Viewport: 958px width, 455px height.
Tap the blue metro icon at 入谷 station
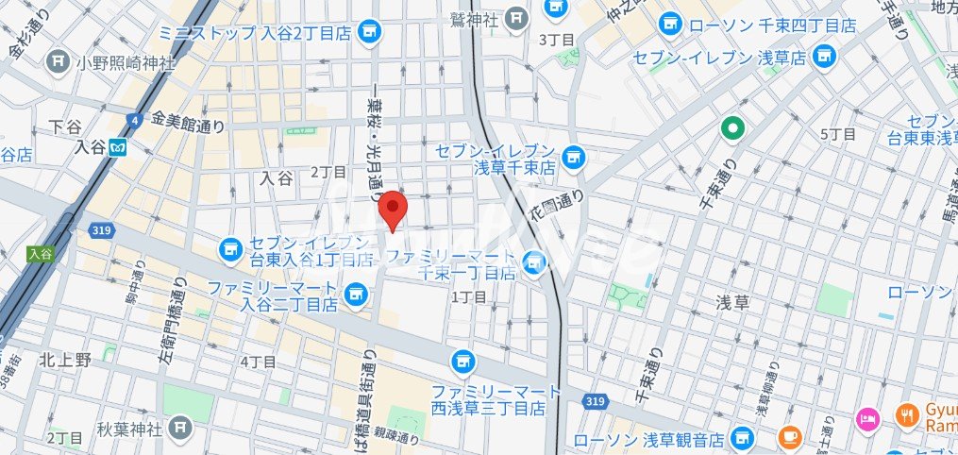point(118,147)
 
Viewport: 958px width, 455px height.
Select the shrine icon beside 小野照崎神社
point(59,62)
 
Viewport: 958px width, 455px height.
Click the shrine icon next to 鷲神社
point(516,17)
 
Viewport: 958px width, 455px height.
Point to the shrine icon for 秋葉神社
point(179,430)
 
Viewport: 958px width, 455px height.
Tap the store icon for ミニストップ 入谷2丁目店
point(370,31)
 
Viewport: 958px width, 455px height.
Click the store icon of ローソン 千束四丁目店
point(670,23)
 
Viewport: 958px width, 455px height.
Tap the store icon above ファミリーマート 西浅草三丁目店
point(462,360)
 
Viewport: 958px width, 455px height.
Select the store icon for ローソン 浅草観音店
point(744,439)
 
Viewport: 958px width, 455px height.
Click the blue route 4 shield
point(136,120)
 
